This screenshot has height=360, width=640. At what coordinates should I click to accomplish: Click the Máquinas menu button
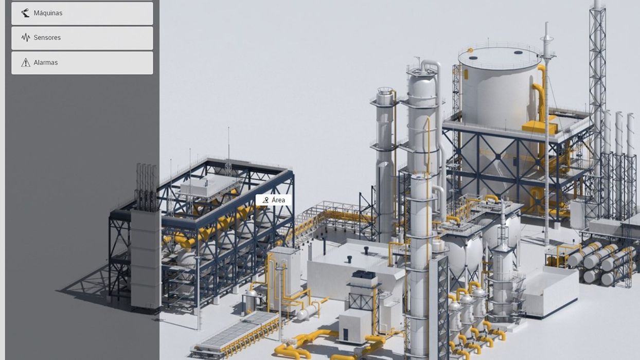click(82, 13)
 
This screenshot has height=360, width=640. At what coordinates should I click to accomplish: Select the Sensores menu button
click(82, 38)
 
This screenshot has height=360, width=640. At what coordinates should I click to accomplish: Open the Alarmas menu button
click(82, 63)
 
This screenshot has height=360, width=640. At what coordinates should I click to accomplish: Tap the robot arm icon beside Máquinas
click(25, 13)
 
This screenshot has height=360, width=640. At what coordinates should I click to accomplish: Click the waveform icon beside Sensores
click(26, 38)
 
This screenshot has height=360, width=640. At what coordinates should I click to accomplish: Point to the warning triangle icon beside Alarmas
click(26, 63)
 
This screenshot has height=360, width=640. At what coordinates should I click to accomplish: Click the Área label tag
click(274, 200)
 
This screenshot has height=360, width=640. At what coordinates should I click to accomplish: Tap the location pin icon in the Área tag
click(265, 200)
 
